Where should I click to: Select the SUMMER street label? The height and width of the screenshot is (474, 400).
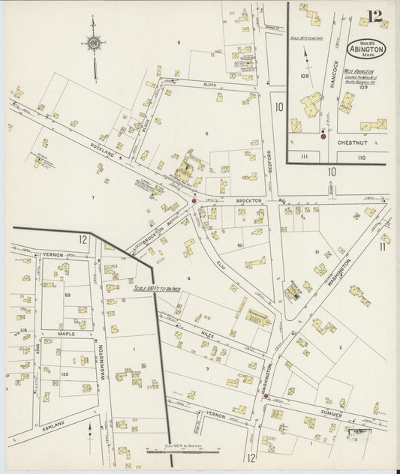[x=329, y=414]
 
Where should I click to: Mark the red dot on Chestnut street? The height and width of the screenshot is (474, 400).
[x=323, y=136]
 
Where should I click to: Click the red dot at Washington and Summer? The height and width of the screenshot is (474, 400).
[x=266, y=396]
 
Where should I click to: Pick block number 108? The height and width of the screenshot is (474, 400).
[x=305, y=76]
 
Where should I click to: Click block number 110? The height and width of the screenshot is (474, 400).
[x=361, y=157]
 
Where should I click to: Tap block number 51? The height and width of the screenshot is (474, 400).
[x=317, y=252]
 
